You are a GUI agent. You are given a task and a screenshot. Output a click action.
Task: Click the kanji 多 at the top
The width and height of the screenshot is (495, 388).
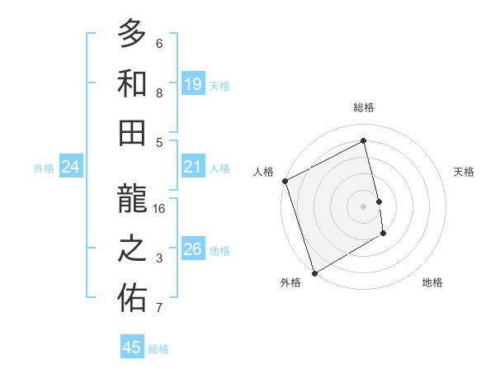pyautogui.click(x=132, y=35)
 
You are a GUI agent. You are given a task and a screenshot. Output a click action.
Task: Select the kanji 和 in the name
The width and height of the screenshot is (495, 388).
pyautogui.click(x=132, y=85)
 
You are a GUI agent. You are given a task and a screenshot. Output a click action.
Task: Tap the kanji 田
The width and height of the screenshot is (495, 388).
pyautogui.click(x=132, y=133)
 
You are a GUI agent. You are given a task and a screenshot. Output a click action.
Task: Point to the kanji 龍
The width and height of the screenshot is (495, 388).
pyautogui.click(x=132, y=201)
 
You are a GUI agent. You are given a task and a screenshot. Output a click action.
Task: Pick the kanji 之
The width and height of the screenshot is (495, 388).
pyautogui.click(x=132, y=249)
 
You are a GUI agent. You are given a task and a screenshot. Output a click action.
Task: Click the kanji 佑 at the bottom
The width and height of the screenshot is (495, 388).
pyautogui.click(x=132, y=299)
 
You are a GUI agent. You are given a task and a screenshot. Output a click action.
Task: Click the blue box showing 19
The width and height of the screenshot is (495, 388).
pyautogui.click(x=193, y=84)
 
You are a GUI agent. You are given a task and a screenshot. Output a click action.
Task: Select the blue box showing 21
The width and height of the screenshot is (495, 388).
pyautogui.click(x=193, y=168)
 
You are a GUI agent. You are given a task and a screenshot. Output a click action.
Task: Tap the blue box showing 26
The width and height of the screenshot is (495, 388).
pyautogui.click(x=193, y=250)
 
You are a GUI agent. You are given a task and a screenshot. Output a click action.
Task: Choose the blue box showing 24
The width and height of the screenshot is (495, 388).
pyautogui.click(x=70, y=168)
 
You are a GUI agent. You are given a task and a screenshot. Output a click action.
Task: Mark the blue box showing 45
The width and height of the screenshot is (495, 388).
pyautogui.click(x=132, y=348)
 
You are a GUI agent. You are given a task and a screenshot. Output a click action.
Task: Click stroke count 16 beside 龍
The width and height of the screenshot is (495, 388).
pyautogui.click(x=160, y=209)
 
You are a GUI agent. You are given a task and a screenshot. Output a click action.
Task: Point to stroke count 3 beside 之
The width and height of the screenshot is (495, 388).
pyautogui.click(x=159, y=258)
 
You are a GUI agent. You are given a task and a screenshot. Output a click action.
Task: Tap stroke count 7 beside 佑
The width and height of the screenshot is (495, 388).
pyautogui.click(x=159, y=308)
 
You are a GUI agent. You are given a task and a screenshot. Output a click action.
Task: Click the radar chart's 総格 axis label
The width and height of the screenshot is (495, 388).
pyautogui.click(x=364, y=107)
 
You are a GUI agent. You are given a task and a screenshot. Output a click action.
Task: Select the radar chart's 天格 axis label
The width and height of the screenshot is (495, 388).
pyautogui.click(x=464, y=172)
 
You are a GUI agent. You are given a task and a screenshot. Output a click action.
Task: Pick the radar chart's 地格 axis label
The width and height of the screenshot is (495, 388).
pyautogui.click(x=432, y=282)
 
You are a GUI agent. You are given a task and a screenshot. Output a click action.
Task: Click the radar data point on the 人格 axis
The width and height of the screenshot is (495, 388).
pyautogui.click(x=285, y=181)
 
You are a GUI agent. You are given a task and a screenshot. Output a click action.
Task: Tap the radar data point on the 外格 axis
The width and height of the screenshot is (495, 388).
pyautogui.click(x=314, y=272)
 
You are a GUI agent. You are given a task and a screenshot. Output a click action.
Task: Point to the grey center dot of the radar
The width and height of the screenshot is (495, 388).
pyautogui.click(x=364, y=206)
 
